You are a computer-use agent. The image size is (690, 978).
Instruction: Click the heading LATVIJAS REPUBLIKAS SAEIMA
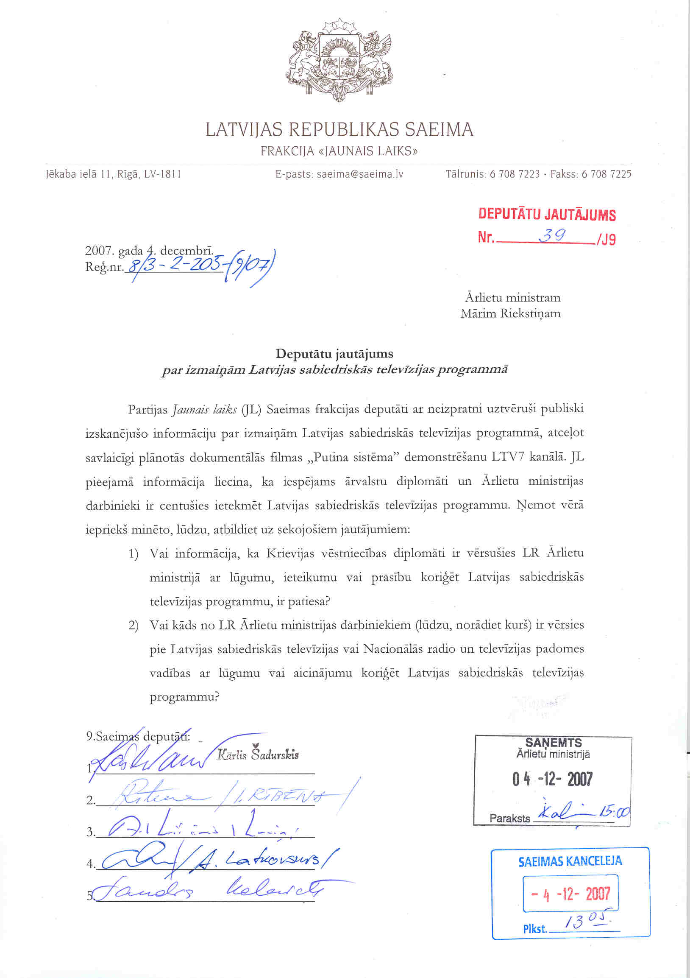pyautogui.click(x=339, y=129)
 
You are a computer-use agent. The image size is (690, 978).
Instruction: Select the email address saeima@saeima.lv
pyautogui.click(x=360, y=174)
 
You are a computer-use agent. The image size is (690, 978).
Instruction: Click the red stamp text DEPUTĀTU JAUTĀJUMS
pyautogui.click(x=547, y=214)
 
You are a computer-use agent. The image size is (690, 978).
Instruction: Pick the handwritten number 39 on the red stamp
pyautogui.click(x=552, y=235)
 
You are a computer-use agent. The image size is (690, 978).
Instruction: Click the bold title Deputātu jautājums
pyautogui.click(x=334, y=354)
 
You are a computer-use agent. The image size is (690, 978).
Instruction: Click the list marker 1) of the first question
pyautogui.click(x=134, y=554)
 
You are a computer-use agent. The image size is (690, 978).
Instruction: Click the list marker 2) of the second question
pyautogui.click(x=134, y=626)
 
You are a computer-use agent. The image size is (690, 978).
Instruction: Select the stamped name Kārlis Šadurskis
pyautogui.click(x=258, y=755)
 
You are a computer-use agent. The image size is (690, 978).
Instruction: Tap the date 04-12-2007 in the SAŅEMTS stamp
pyautogui.click(x=552, y=779)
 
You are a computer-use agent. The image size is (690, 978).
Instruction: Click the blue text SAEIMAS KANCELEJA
pyautogui.click(x=570, y=861)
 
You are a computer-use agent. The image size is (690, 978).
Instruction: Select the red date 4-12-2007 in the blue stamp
pyautogui.click(x=571, y=894)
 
